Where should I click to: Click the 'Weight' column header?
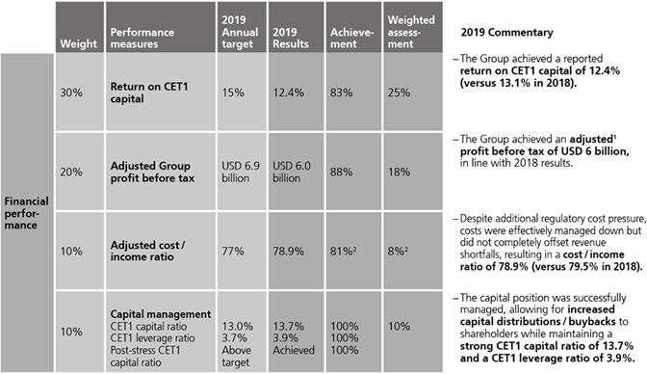pyautogui.click(x=78, y=43)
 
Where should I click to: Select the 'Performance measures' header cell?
pyautogui.click(x=142, y=38)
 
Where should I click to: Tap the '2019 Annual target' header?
pyautogui.click(x=240, y=32)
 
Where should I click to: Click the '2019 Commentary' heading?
pyautogui.click(x=506, y=32)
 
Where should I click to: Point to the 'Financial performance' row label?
pyautogui.click(x=26, y=213)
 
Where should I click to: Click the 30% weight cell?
pyautogui.click(x=71, y=93)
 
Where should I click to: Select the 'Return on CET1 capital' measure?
pyautogui.click(x=149, y=93)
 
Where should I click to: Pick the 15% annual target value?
pyautogui.click(x=233, y=93)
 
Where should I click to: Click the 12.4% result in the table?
pyautogui.click(x=288, y=93)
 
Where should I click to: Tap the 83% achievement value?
pyautogui.click(x=341, y=93)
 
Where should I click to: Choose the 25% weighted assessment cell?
pyautogui.click(x=399, y=93)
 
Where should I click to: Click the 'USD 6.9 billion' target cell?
pyautogui.click(x=241, y=172)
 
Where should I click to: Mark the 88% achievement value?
pyautogui.click(x=341, y=172)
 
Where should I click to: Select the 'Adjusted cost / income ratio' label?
pyautogui.click(x=147, y=251)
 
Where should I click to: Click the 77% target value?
pyautogui.click(x=233, y=252)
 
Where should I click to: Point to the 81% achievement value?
pyautogui.click(x=341, y=252)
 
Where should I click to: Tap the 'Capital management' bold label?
pyautogui.click(x=161, y=314)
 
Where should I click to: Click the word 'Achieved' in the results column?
pyautogui.click(x=294, y=350)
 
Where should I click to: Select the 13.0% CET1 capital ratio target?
pyautogui.click(x=238, y=326)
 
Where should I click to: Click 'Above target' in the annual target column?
pyautogui.click(x=236, y=357)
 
